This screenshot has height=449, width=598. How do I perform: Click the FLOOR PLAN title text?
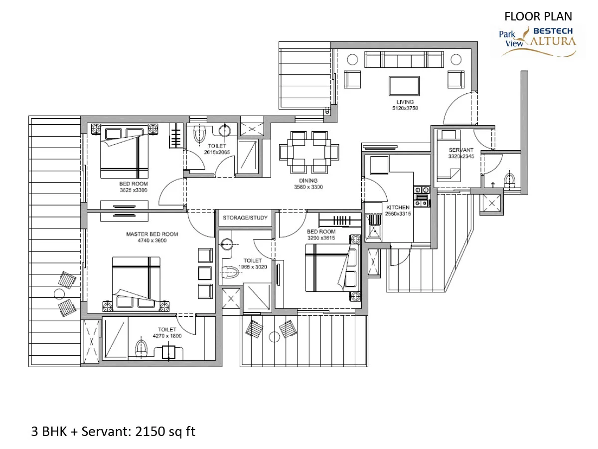pos(538,16)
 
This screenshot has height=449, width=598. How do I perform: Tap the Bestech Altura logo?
pos(538,42)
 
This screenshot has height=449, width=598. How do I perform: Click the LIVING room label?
pos(405,102)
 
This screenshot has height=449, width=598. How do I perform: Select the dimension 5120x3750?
pos(405,108)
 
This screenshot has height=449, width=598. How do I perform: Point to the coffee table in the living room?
pos(404,86)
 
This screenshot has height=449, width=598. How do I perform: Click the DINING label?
pos(308,181)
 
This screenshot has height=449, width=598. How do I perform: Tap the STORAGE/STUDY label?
pos(245,218)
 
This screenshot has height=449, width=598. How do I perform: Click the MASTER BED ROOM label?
pos(152,234)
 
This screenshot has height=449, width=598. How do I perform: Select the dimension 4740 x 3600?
pos(152,240)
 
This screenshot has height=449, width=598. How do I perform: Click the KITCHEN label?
pos(398,208)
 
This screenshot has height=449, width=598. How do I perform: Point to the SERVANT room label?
pos(461,150)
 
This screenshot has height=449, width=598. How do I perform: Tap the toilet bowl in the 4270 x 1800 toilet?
pos(141,348)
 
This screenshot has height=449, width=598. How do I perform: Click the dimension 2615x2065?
pos(217,152)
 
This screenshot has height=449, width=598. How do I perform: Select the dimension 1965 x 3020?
pos(253,267)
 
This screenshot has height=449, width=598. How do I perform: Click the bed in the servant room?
pos(448,156)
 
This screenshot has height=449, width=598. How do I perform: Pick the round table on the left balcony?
pos(59,294)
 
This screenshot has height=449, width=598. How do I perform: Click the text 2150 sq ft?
pos(165,432)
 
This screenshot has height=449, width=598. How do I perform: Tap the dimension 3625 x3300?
pos(134,190)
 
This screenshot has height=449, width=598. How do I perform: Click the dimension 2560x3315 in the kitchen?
pos(398,214)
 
